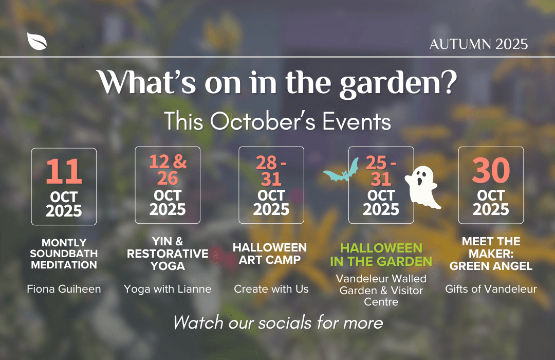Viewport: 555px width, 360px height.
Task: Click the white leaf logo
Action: click(x=37, y=42)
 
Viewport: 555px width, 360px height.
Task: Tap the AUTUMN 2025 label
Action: click(x=478, y=44)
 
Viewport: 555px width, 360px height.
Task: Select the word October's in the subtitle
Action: click(x=263, y=121)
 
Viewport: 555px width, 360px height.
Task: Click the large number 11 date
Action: click(x=64, y=171)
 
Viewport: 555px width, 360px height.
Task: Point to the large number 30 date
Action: click(x=491, y=170)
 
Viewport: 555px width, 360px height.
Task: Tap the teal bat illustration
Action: click(x=341, y=171)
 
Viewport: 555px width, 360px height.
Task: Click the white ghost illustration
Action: click(x=422, y=187)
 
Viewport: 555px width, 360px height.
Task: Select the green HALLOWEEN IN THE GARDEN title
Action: click(x=381, y=255)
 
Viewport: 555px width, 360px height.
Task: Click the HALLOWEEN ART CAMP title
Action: click(x=270, y=254)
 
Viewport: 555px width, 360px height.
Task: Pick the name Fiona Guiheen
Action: click(x=64, y=289)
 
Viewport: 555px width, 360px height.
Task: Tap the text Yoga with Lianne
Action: click(x=168, y=289)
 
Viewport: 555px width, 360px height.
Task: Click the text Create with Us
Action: click(x=271, y=289)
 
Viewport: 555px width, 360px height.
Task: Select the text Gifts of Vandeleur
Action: click(x=491, y=289)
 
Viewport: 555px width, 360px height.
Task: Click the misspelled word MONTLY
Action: click(x=64, y=243)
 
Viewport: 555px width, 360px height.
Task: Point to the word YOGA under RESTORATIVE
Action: click(x=168, y=266)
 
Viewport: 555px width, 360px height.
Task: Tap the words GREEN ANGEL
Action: click(x=491, y=266)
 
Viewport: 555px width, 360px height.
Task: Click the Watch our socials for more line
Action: click(x=278, y=323)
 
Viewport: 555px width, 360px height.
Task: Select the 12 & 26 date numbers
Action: click(x=168, y=170)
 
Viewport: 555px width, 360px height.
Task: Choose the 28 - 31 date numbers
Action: click(x=271, y=171)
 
